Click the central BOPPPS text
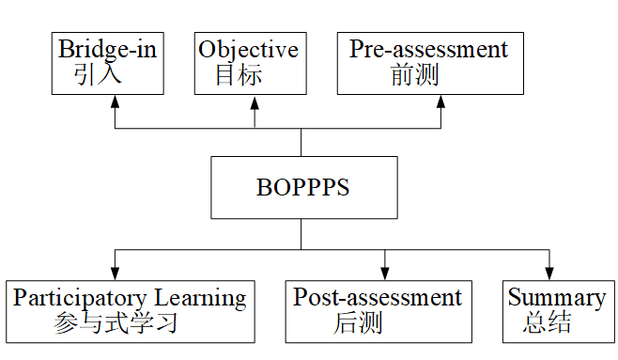(302, 188)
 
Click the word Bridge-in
(107, 49)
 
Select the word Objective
(248, 49)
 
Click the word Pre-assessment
(428, 49)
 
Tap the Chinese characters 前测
(414, 75)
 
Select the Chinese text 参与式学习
(116, 325)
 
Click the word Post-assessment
(378, 299)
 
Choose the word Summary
(556, 299)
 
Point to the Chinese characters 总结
(548, 325)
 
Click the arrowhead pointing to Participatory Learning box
(116, 272)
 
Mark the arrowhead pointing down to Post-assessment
(384, 272)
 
